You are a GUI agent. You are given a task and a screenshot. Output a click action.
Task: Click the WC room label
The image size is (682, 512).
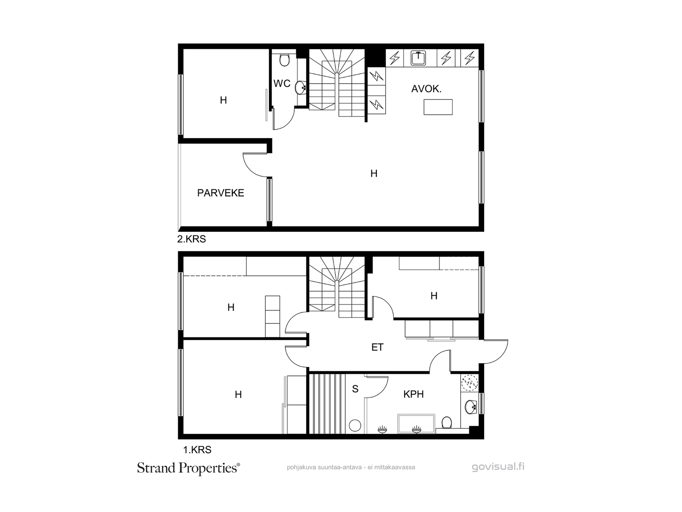pyautogui.click(x=282, y=83)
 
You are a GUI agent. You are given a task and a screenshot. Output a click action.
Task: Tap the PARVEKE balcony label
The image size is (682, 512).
pyautogui.click(x=221, y=193)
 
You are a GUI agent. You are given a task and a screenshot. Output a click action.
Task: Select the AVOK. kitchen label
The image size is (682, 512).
pyautogui.click(x=426, y=89)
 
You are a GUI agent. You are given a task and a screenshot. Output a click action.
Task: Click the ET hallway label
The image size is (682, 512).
pyautogui.click(x=378, y=347)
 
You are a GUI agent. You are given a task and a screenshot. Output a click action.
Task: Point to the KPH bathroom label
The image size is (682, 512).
pyautogui.click(x=413, y=394)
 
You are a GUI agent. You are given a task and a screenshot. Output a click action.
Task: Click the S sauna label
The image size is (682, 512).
pyautogui.click(x=355, y=389)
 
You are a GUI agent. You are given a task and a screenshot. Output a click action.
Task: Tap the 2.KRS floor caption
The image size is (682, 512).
pyautogui.click(x=191, y=239)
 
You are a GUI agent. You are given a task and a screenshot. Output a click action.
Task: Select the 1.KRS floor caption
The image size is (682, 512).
pyautogui.click(x=197, y=450)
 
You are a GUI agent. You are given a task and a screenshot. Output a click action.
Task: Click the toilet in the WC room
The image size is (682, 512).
pyautogui.click(x=284, y=60)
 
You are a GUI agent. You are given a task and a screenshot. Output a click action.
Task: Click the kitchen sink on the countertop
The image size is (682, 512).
pyautogui.click(x=418, y=58)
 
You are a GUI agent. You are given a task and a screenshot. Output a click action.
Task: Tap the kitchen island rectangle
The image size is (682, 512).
pyautogui.click(x=438, y=107)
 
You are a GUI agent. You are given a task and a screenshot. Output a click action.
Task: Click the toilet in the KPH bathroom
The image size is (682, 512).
pyautogui.click(x=446, y=423)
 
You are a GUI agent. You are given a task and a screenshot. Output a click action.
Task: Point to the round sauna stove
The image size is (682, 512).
pyautogui.click(x=355, y=425)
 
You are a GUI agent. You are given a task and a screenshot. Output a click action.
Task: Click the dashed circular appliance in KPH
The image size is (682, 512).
pyautogui.click(x=469, y=383)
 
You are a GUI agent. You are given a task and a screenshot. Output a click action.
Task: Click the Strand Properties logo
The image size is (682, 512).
pyautogui.click(x=188, y=468)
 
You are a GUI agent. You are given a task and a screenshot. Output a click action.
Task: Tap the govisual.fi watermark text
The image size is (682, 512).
pyautogui.click(x=498, y=467)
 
